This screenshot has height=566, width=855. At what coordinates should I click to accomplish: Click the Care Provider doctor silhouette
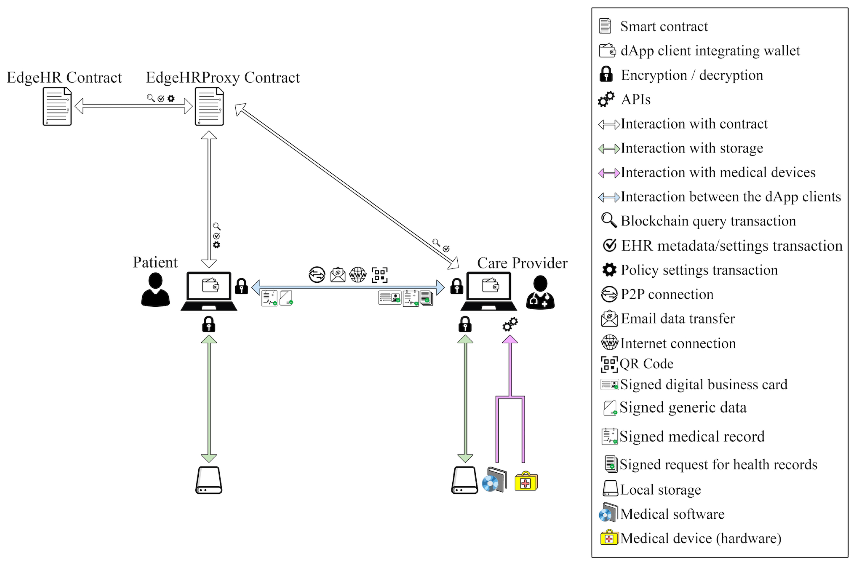point(540,292)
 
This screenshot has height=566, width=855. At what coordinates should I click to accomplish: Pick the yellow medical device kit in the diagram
point(526,481)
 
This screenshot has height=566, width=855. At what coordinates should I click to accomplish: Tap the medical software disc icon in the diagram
point(494,480)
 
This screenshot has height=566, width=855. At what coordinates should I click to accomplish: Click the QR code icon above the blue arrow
point(379,275)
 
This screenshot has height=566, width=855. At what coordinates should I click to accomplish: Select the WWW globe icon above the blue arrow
point(358,275)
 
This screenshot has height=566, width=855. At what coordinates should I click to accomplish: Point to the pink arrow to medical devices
point(510,372)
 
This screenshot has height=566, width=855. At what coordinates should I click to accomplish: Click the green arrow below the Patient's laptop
point(208,399)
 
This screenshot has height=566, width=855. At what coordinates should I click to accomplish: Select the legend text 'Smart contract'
point(664,26)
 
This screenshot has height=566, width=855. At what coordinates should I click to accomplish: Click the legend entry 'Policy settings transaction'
point(699,270)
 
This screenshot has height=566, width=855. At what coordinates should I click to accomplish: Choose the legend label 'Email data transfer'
point(677,319)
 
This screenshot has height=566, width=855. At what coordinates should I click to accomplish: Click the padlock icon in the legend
point(606,74)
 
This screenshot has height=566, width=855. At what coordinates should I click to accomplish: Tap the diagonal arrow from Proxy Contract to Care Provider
point(347,186)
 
